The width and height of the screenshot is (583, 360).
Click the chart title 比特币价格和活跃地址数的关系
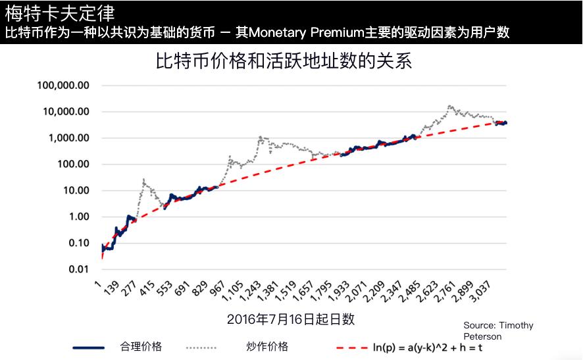(x=283, y=61)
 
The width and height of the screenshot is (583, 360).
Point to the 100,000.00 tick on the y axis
(x=64, y=86)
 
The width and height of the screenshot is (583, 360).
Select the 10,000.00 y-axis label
(x=66, y=112)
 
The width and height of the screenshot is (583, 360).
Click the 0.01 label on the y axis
(x=78, y=269)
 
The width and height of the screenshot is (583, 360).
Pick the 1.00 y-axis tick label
(x=78, y=217)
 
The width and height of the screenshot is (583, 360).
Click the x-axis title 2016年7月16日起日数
(x=291, y=319)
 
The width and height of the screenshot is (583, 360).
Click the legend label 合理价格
(x=141, y=346)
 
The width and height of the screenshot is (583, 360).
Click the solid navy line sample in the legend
(x=88, y=347)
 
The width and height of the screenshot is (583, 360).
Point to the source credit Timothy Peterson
(x=498, y=330)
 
